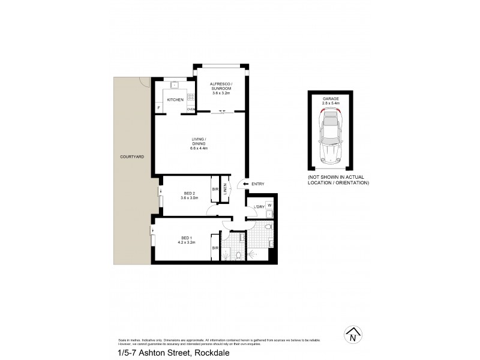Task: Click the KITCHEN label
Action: [x=175, y=100]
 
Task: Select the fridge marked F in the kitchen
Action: [x=159, y=108]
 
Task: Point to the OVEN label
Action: [x=191, y=109]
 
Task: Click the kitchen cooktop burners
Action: [x=191, y=97]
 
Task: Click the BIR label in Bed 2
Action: [x=214, y=190]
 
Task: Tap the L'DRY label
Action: [x=259, y=208]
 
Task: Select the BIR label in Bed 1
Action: [x=214, y=248]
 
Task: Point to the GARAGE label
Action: [x=331, y=99]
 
